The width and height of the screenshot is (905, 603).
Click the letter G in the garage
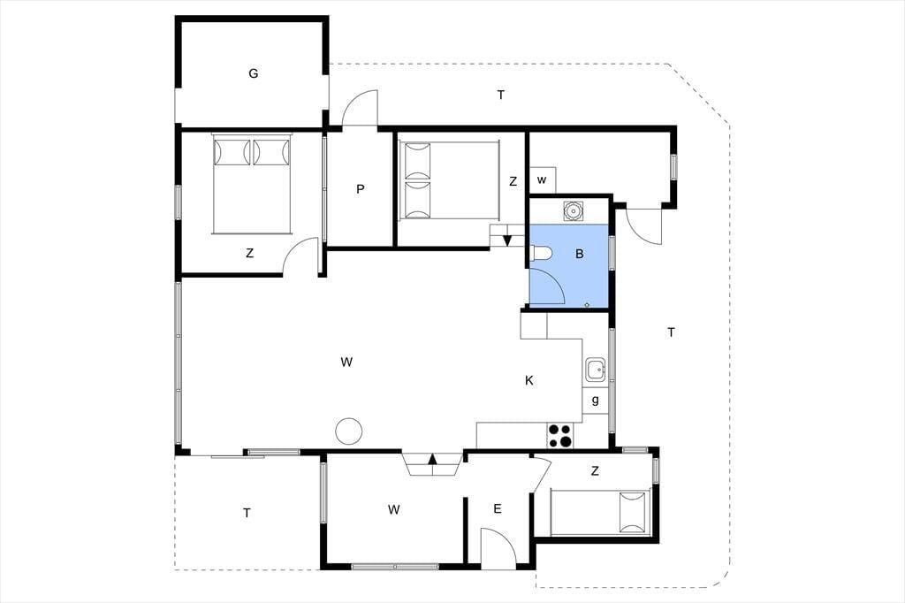point(253,73)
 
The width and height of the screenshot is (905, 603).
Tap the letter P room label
point(361,189)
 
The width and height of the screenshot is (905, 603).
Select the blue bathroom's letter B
point(579,254)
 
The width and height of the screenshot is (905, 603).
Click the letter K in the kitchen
point(529,380)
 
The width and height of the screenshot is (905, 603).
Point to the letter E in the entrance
point(497,509)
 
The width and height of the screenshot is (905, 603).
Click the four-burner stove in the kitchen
point(559,436)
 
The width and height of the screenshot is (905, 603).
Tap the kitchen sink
point(595,370)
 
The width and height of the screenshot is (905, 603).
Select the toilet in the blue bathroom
point(541,253)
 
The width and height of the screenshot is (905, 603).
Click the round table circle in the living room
point(348,431)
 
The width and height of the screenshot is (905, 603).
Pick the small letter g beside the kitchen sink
point(595,400)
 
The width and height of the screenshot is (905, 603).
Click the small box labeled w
point(543,180)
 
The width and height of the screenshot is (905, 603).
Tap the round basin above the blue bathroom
point(573,210)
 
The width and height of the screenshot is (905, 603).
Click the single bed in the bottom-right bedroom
point(601,512)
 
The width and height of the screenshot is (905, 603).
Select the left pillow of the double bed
point(232,152)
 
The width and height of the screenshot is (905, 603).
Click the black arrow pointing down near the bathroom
point(507,240)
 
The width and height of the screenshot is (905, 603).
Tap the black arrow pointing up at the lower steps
point(432,460)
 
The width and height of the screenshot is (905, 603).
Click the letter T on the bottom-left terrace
point(247,512)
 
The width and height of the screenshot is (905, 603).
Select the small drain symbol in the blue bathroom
point(587,304)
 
